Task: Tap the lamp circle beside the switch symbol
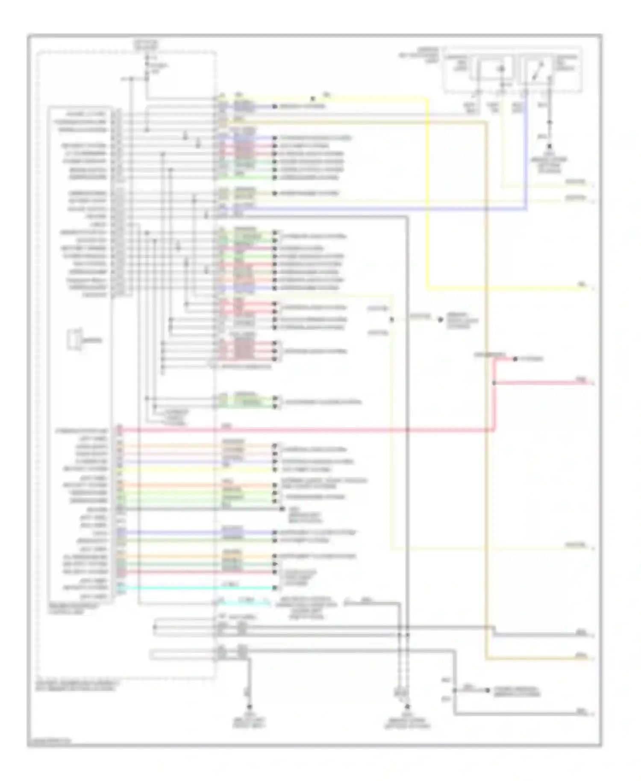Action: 502,68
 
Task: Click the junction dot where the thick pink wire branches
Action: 494,383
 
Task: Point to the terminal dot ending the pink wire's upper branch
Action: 515,359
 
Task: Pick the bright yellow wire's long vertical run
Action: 428,192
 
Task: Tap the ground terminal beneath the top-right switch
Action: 550,147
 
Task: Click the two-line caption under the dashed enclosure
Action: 77,686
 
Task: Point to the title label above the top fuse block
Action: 146,44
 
